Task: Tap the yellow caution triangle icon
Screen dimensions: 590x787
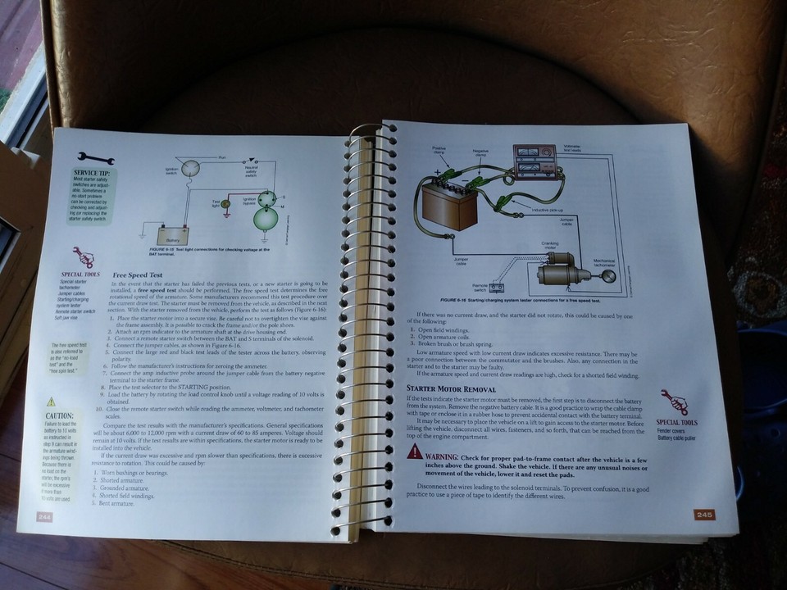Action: (52, 402)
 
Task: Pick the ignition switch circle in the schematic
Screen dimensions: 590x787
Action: (191, 170)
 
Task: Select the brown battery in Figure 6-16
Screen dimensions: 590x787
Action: (448, 204)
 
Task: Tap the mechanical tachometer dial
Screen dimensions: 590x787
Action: (609, 277)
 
